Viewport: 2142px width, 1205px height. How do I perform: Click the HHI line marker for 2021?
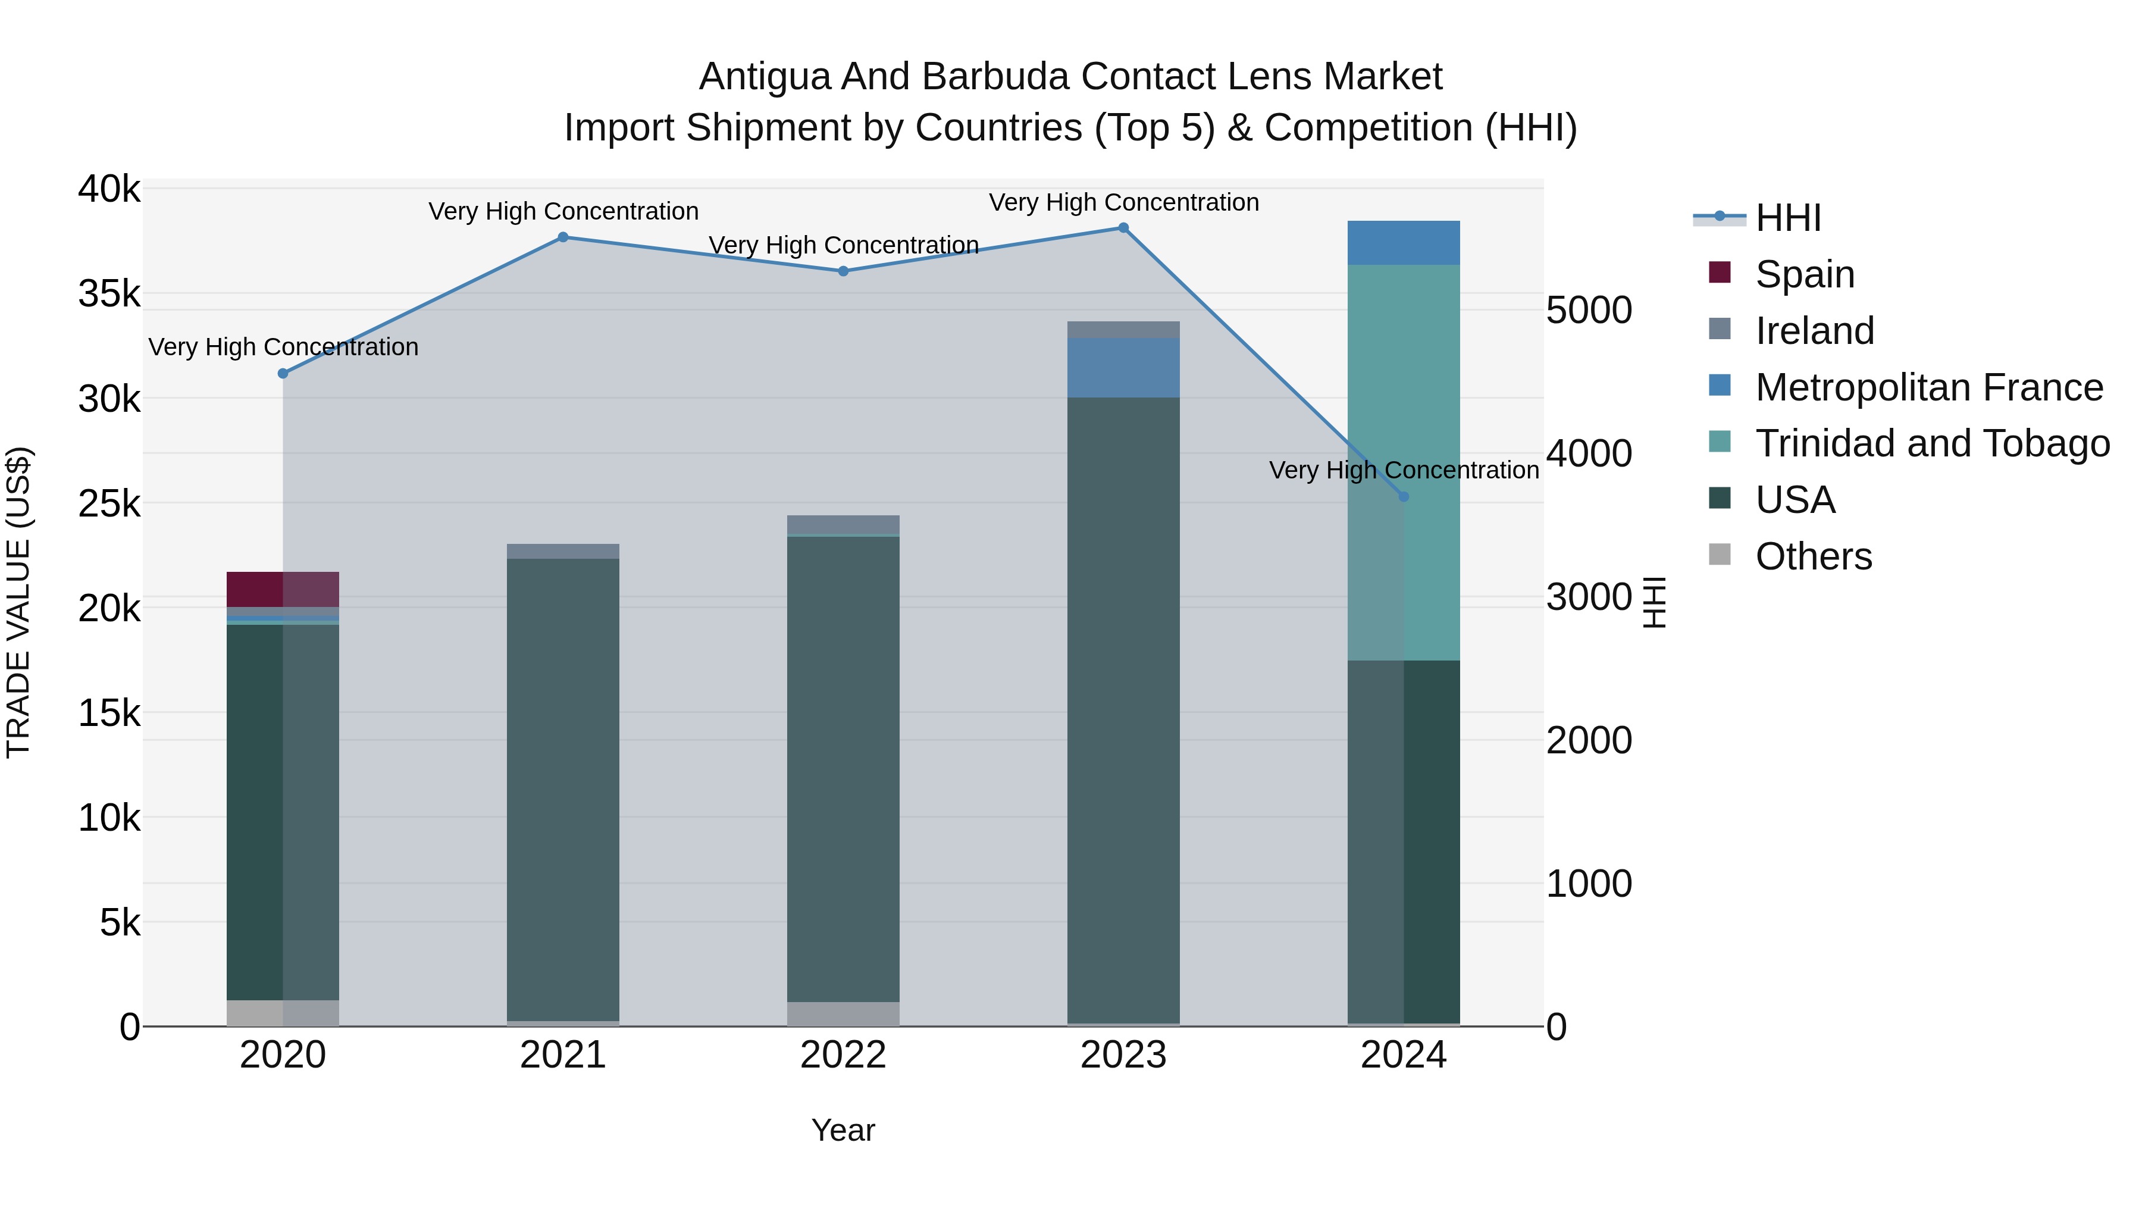[x=563, y=237]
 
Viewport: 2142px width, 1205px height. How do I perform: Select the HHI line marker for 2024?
[x=1404, y=496]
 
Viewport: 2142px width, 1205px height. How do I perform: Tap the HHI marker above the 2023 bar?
[x=1123, y=228]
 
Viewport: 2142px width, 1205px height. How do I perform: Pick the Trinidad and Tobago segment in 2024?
[x=1404, y=462]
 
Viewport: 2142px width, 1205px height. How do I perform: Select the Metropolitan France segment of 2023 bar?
[x=1123, y=368]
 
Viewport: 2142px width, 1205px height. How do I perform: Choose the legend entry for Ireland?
[x=1814, y=331]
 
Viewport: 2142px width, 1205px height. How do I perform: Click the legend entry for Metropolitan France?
[x=1928, y=387]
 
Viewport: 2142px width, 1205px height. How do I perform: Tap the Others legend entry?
[x=1813, y=556]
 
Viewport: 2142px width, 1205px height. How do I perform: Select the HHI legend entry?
[x=1788, y=218]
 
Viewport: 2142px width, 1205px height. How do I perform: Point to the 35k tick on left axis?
[x=109, y=293]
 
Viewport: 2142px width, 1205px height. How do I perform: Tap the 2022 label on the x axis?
[x=843, y=1055]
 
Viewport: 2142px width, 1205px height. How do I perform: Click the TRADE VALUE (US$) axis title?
[x=18, y=602]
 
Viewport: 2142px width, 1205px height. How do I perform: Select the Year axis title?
[x=843, y=1130]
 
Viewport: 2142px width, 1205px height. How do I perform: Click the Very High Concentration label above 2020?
[x=283, y=347]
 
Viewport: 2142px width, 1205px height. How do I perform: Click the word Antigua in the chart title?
[x=764, y=77]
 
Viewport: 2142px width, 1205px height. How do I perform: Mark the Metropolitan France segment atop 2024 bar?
[x=1404, y=243]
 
